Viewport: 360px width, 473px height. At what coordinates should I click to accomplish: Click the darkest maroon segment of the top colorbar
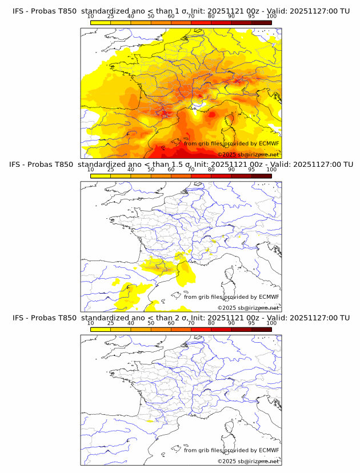261,23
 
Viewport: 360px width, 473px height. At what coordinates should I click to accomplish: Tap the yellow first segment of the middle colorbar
101,176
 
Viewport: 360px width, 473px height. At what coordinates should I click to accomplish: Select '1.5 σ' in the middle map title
187,164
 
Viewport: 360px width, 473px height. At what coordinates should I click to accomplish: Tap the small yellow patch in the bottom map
150,421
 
